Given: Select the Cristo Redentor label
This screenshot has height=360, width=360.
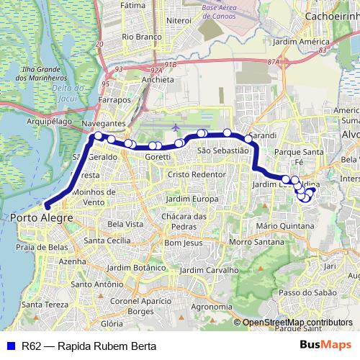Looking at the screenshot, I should point(196,175).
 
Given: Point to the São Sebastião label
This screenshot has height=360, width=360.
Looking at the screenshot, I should point(222,150).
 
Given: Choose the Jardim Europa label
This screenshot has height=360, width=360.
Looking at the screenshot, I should point(192,198).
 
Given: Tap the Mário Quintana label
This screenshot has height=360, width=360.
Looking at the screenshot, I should point(286,226).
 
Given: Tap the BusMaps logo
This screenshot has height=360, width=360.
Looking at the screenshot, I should point(325,345).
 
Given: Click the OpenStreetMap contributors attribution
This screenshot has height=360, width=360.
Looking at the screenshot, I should point(297,322).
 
